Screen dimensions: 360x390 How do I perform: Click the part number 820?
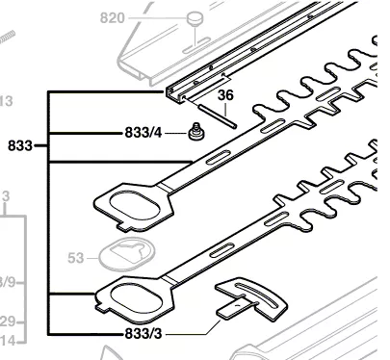pyautogui.click(x=115, y=16)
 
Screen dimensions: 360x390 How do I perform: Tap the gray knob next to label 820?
pyautogui.click(x=195, y=17)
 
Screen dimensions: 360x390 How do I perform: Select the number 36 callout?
pyautogui.click(x=225, y=95)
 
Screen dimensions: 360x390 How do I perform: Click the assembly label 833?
pyautogui.click(x=19, y=146)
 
